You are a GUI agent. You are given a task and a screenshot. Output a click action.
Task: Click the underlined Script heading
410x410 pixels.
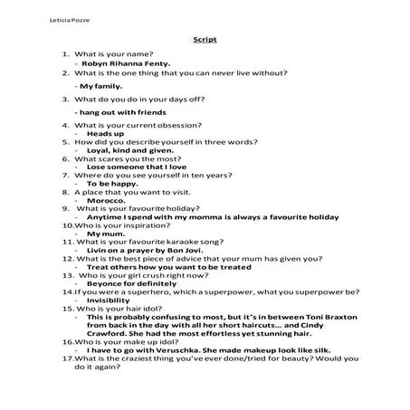205,40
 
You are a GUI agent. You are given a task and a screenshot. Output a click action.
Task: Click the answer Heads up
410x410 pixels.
105,132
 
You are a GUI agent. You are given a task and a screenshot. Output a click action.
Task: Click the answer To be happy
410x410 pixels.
111,183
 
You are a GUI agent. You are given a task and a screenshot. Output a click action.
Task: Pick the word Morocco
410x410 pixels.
106,200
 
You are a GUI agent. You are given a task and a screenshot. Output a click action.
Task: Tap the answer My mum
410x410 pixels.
100,234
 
